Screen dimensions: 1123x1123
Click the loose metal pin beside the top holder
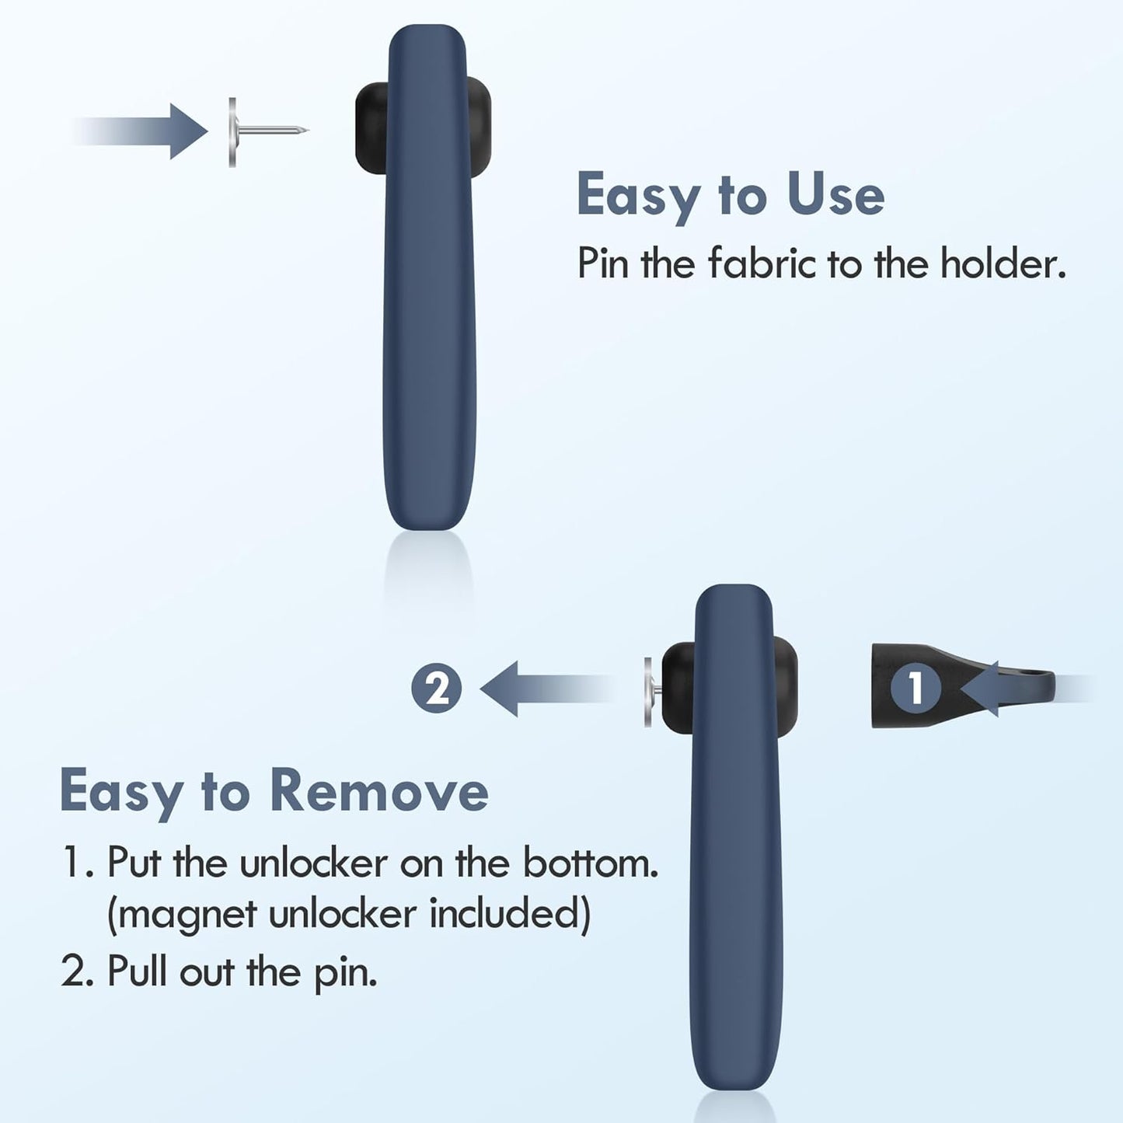click(256, 131)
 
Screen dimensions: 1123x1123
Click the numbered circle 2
click(436, 689)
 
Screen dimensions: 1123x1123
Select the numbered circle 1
click(915, 688)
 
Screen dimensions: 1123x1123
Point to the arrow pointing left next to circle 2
click(536, 689)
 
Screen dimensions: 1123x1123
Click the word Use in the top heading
click(835, 195)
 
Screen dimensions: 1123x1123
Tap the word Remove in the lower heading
click(378, 791)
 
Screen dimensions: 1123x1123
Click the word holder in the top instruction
click(1002, 264)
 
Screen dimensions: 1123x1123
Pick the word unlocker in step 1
click(313, 863)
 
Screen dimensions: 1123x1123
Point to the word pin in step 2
click(345, 973)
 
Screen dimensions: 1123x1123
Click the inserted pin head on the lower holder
click(648, 692)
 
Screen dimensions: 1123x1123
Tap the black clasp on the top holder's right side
click(482, 128)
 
